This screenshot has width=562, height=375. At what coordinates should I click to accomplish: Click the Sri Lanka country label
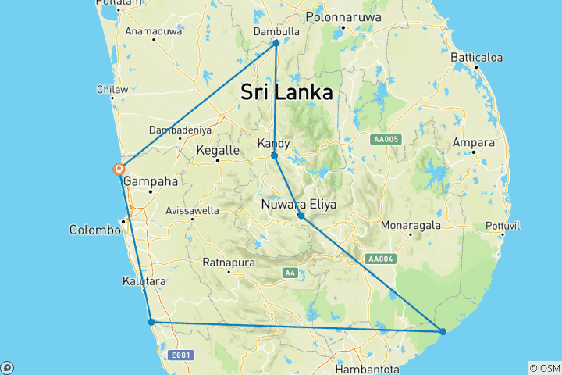pos(286,92)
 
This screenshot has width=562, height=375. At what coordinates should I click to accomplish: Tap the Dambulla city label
pos(276,31)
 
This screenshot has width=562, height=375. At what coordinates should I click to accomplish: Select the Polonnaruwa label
pos(343,16)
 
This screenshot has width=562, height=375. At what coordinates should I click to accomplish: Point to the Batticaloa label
pos(476,58)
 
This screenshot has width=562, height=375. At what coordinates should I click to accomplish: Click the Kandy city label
pos(274,143)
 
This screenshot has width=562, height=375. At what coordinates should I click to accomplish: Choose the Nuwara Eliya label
pos(299,205)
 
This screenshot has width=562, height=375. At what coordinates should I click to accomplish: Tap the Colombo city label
pos(95,230)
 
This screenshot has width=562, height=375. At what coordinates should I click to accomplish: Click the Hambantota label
pos(366,368)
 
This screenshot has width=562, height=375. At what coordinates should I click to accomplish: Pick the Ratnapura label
pos(229,262)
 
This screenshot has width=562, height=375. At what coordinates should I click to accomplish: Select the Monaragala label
pos(411,225)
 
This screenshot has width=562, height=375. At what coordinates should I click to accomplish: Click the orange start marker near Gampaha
pos(119,169)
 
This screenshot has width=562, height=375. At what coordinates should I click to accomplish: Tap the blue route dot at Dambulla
pos(276,43)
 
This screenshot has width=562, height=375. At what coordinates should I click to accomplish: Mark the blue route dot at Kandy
pos(274,155)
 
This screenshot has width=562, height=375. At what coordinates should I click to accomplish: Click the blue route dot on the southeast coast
pos(443,332)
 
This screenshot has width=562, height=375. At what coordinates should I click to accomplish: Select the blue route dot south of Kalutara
pos(151,321)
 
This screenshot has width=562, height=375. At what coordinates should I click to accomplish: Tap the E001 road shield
pos(181,355)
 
